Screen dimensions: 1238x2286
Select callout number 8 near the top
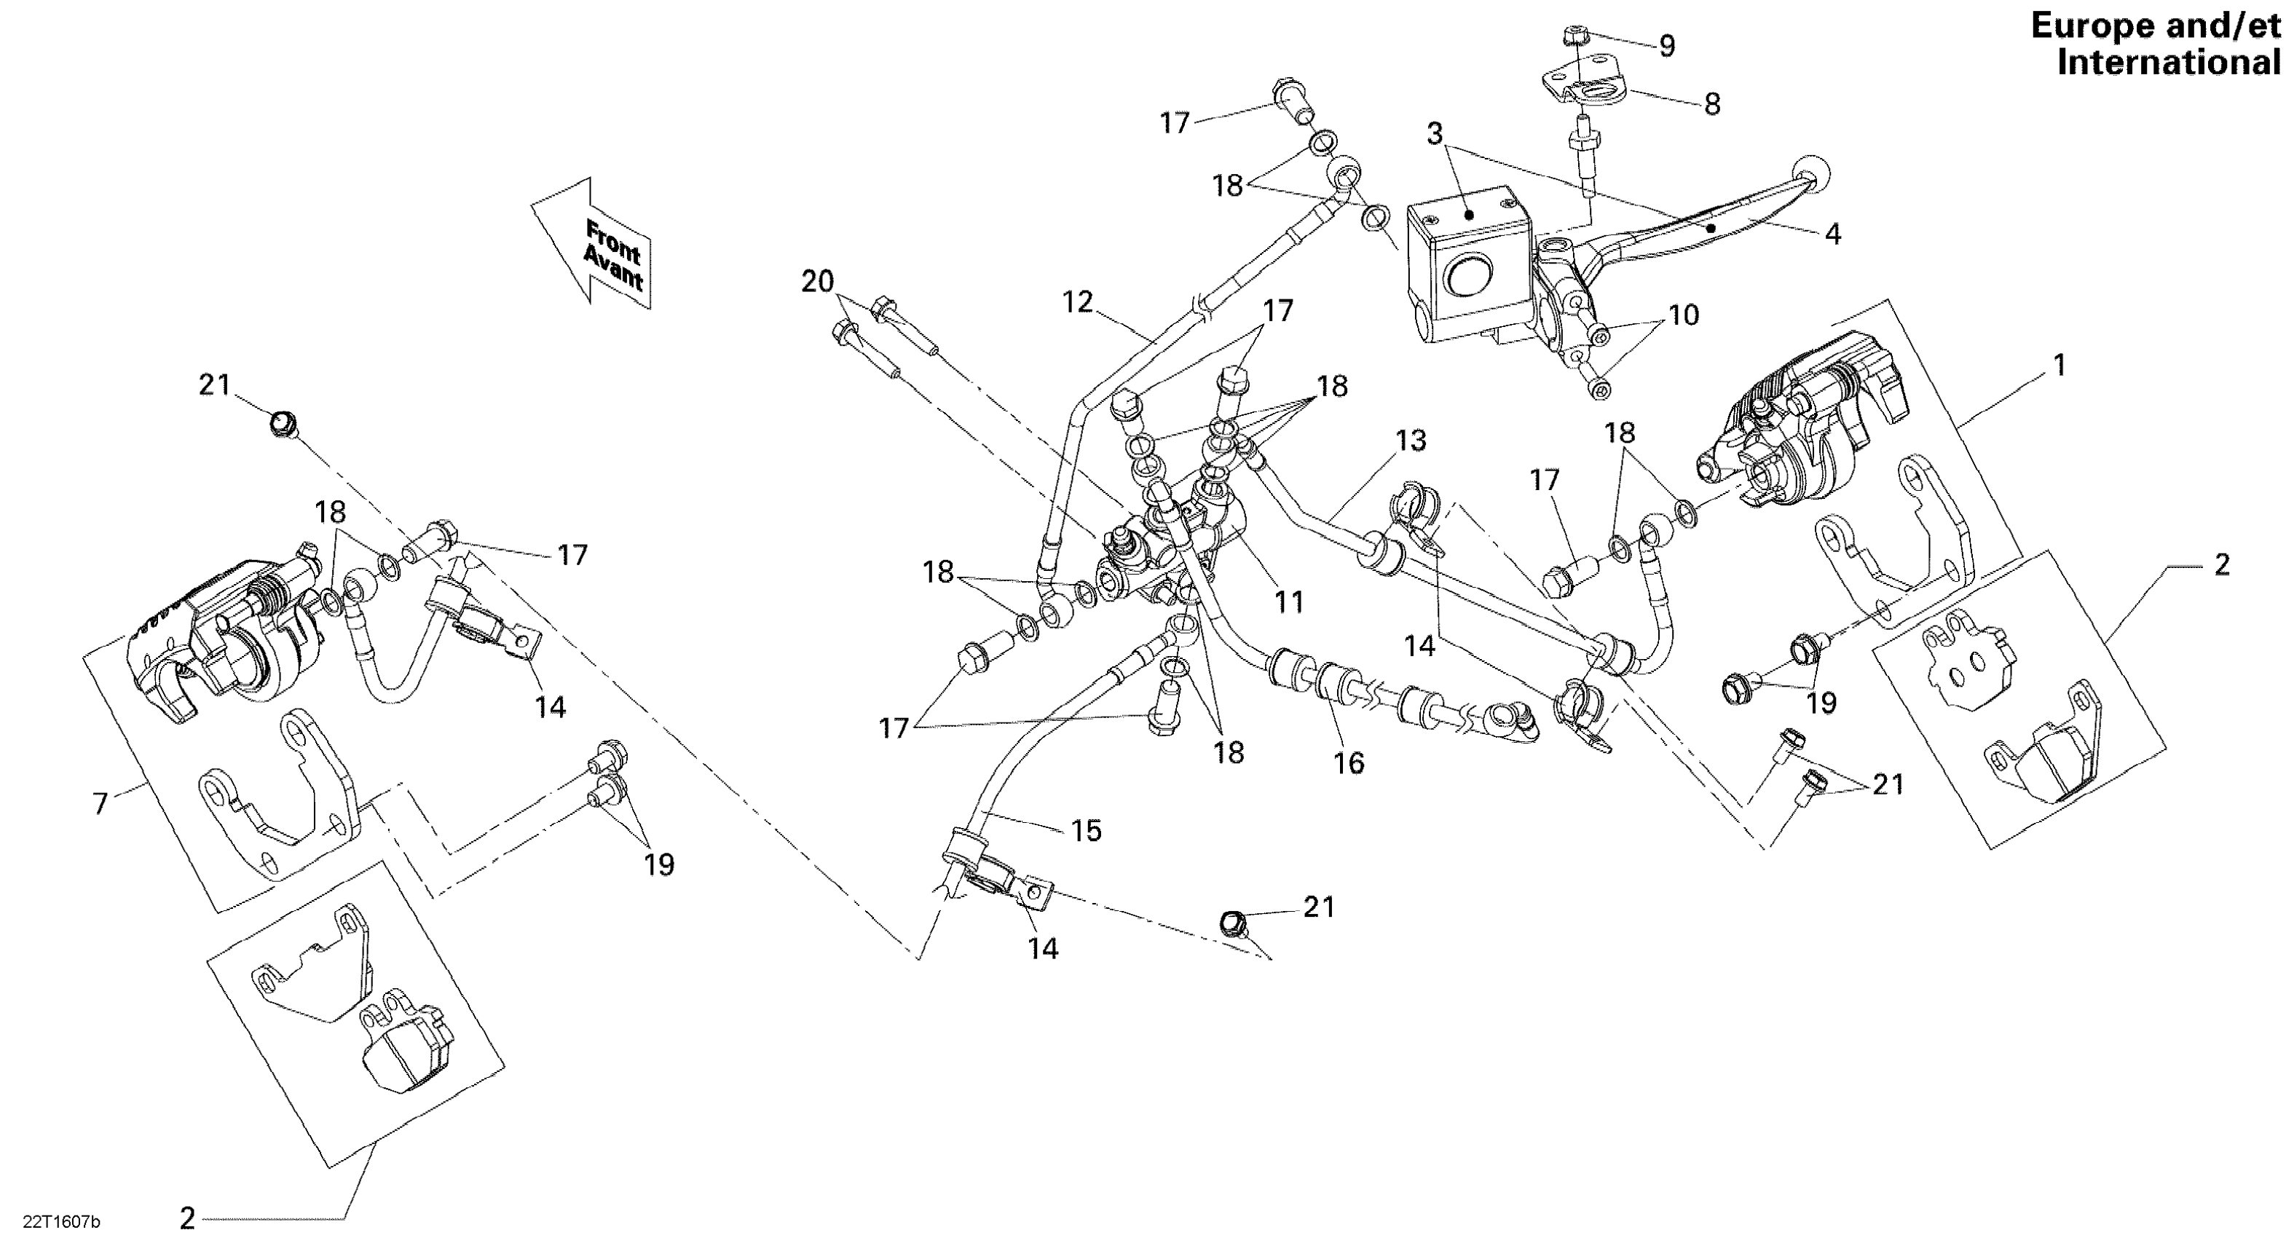tap(1712, 105)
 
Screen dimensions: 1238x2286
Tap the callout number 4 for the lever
tap(1832, 234)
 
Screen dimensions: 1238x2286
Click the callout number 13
tap(1410, 441)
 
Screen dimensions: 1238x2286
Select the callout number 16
tap(1349, 762)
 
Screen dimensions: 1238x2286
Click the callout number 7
tap(100, 804)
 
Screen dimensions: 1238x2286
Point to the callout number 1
tap(2060, 365)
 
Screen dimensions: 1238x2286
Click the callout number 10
tap(1684, 315)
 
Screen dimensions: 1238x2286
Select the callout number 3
tap(1435, 134)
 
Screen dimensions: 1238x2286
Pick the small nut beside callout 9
tap(1573, 36)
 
